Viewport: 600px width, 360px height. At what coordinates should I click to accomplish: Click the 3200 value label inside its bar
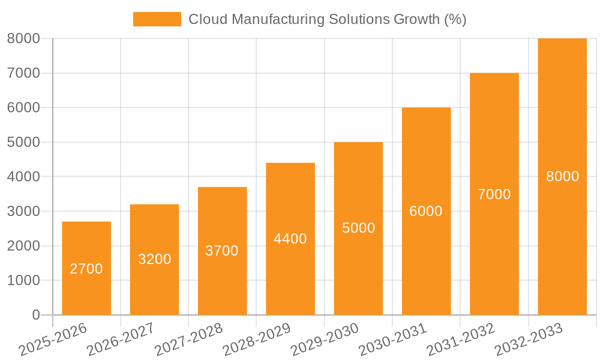[155, 259]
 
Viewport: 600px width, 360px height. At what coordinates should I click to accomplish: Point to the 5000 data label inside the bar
[359, 228]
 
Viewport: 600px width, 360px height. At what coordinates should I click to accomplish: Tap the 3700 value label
[222, 251]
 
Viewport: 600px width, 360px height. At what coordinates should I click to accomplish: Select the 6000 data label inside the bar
[426, 211]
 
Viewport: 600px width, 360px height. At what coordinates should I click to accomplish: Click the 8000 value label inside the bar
[562, 176]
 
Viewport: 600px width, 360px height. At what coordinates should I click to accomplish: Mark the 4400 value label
[290, 239]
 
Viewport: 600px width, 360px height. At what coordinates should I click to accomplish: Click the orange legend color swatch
[157, 19]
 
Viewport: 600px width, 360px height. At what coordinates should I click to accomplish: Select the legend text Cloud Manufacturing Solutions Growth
[328, 19]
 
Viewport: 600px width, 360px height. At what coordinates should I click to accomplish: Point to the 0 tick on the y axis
[35, 315]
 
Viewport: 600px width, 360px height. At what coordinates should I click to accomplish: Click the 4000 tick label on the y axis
[23, 177]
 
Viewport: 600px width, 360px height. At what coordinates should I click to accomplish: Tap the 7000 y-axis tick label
[23, 73]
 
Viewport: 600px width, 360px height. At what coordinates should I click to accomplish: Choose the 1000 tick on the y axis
[23, 280]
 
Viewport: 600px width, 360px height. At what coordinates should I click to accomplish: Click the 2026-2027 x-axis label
[121, 340]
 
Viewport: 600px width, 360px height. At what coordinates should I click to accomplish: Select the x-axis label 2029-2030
[325, 340]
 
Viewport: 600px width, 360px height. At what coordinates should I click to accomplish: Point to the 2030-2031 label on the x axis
[392, 340]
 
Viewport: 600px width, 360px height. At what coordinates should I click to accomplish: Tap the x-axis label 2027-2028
[188, 340]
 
